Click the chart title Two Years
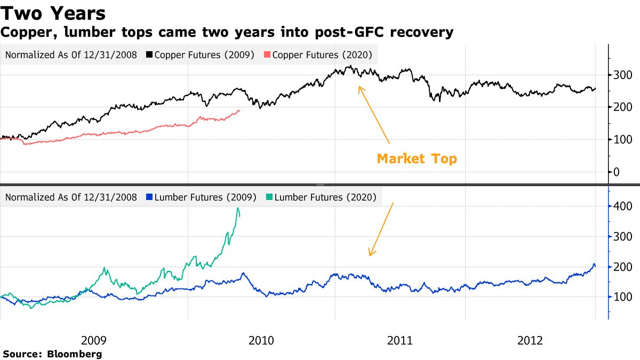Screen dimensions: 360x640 click(53, 13)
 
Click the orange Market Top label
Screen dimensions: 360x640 click(417, 158)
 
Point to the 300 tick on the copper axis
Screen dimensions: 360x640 click(622, 75)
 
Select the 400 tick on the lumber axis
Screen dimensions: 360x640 click(622, 206)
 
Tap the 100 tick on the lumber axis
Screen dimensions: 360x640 click(622, 297)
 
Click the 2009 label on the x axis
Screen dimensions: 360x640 click(93, 340)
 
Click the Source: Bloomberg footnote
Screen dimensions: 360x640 click(52, 354)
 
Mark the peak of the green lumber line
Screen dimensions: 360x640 click(237, 208)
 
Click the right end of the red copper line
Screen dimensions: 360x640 click(239, 110)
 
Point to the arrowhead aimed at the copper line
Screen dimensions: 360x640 click(359, 87)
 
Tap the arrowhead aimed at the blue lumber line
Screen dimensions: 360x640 click(370, 254)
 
